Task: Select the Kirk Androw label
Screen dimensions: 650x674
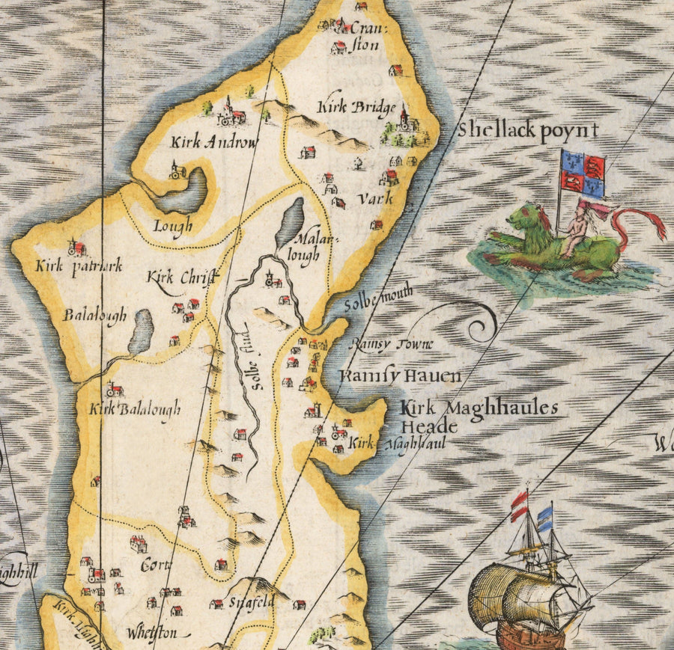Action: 214,142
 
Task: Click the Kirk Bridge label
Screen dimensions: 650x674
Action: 356,108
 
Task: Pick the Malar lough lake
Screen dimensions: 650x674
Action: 290,224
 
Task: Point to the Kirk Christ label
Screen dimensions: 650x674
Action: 182,278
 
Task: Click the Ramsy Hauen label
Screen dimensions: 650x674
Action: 399,375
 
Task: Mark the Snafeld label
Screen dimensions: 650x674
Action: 248,601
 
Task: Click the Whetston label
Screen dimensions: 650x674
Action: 152,632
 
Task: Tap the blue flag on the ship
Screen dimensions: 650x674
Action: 544,518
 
